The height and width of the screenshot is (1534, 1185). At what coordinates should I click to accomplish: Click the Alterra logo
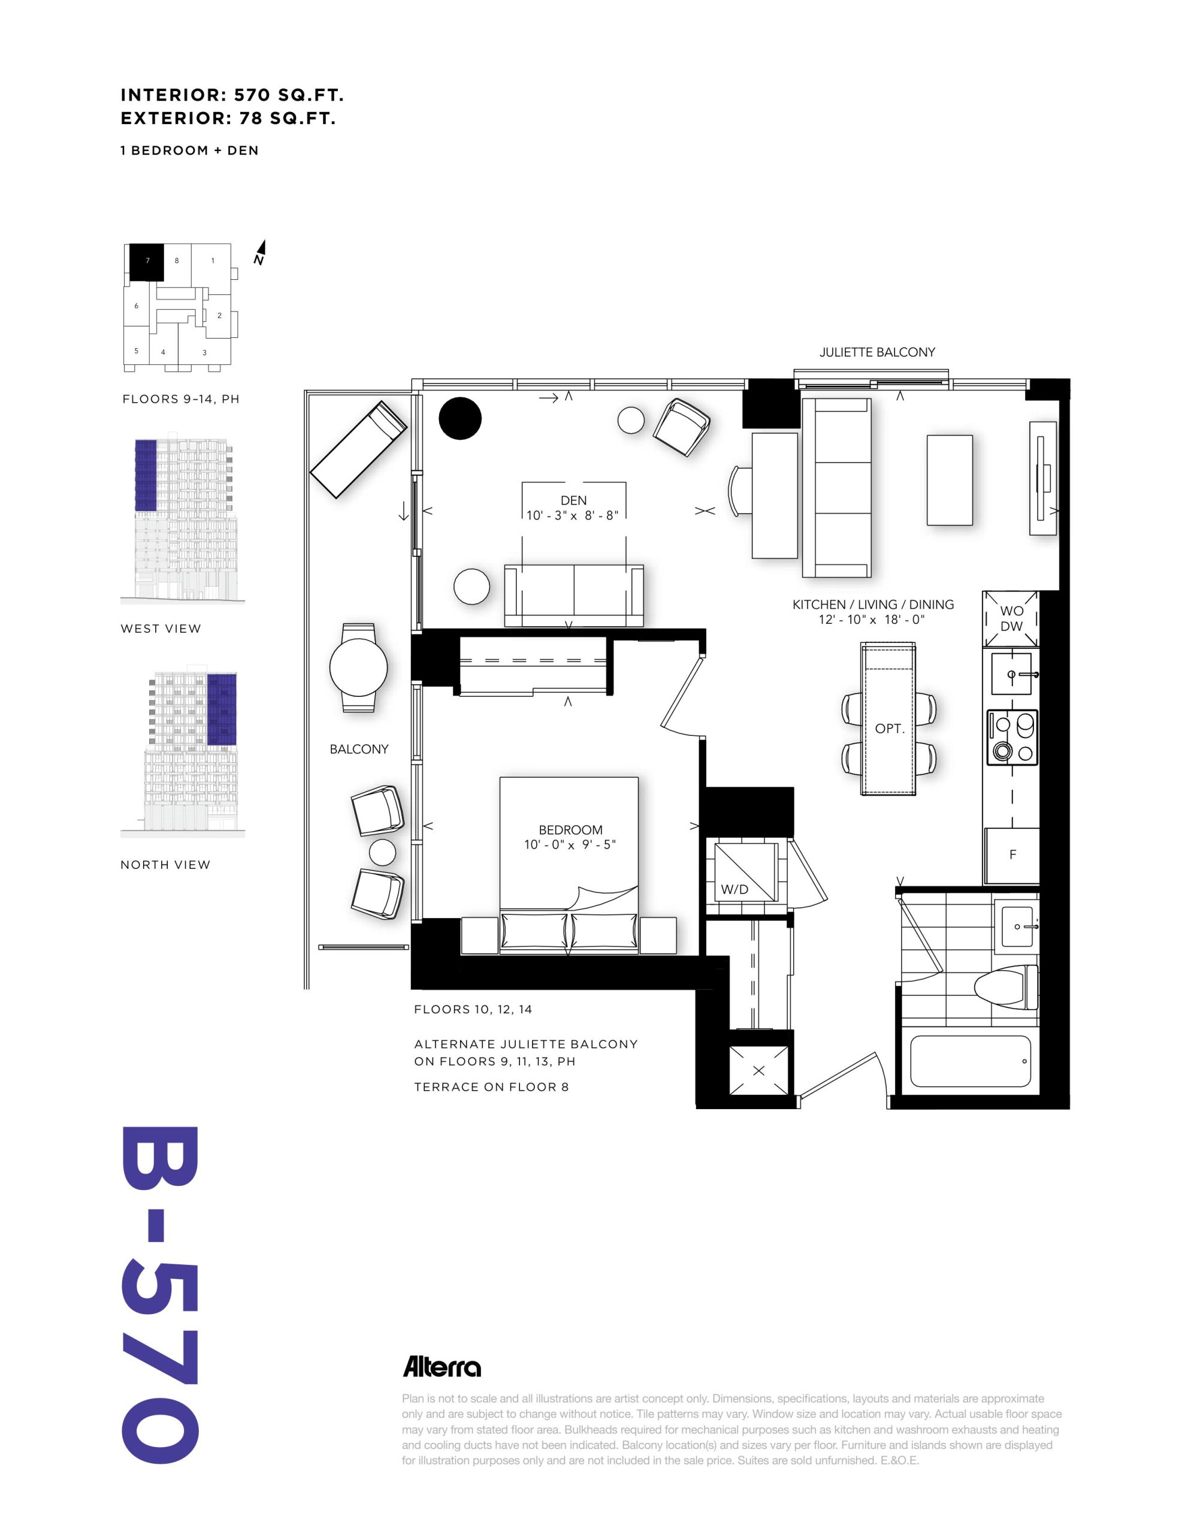[x=442, y=1366]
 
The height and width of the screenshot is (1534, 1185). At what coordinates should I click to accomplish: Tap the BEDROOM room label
[x=570, y=829]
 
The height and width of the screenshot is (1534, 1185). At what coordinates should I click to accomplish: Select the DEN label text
[x=573, y=500]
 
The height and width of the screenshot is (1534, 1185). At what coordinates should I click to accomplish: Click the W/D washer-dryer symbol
[x=746, y=871]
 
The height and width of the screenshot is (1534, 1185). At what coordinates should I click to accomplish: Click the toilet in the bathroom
[x=1006, y=986]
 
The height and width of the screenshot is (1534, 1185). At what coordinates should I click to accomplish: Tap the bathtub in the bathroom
[x=970, y=1061]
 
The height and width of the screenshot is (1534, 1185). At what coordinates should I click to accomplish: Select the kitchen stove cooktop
[x=1012, y=737]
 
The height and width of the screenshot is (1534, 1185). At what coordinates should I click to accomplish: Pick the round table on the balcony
[x=358, y=668]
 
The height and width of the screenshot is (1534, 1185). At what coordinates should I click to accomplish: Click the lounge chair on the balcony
[x=359, y=449]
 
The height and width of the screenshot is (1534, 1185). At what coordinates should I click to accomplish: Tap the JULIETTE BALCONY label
[x=876, y=352]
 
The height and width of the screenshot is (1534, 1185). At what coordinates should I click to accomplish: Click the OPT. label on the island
[x=888, y=729]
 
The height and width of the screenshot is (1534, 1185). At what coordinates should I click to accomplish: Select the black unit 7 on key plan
[x=147, y=262]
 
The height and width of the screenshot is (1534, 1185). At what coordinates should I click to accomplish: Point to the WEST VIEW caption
[x=161, y=629]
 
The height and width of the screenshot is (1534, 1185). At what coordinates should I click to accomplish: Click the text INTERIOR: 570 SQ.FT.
[x=232, y=95]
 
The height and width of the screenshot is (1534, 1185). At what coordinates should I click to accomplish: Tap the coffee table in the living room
[x=950, y=480]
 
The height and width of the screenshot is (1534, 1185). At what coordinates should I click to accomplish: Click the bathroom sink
[x=1017, y=926]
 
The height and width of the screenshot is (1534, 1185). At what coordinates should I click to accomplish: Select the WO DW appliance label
[x=1011, y=618]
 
